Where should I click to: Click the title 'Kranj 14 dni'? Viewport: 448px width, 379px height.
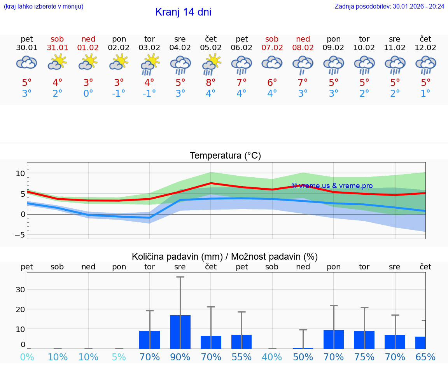[x=183, y=12]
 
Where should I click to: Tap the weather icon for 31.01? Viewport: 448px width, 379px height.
[x=58, y=62]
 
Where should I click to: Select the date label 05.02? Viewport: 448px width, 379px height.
[x=211, y=47]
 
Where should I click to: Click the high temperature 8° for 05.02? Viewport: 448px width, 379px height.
[x=211, y=83]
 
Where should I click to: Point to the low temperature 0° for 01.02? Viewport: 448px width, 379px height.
[x=88, y=94]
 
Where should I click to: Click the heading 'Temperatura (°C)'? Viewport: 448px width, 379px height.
[x=225, y=156]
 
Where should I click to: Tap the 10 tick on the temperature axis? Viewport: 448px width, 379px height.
[x=20, y=173]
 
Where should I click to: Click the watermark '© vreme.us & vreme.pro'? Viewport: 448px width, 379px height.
[x=332, y=186]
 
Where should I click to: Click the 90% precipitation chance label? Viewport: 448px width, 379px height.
[x=180, y=357]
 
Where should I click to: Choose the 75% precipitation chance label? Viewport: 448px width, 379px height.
[x=364, y=357]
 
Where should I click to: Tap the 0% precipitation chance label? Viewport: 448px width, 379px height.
[x=27, y=357]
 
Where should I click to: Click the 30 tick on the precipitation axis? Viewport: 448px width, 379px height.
[x=20, y=290]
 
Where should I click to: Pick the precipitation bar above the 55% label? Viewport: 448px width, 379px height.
[x=241, y=341]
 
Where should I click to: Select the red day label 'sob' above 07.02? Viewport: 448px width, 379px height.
[x=272, y=39]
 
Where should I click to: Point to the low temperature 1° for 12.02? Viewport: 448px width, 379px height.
[x=425, y=94]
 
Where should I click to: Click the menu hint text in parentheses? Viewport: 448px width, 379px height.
[x=43, y=6]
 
